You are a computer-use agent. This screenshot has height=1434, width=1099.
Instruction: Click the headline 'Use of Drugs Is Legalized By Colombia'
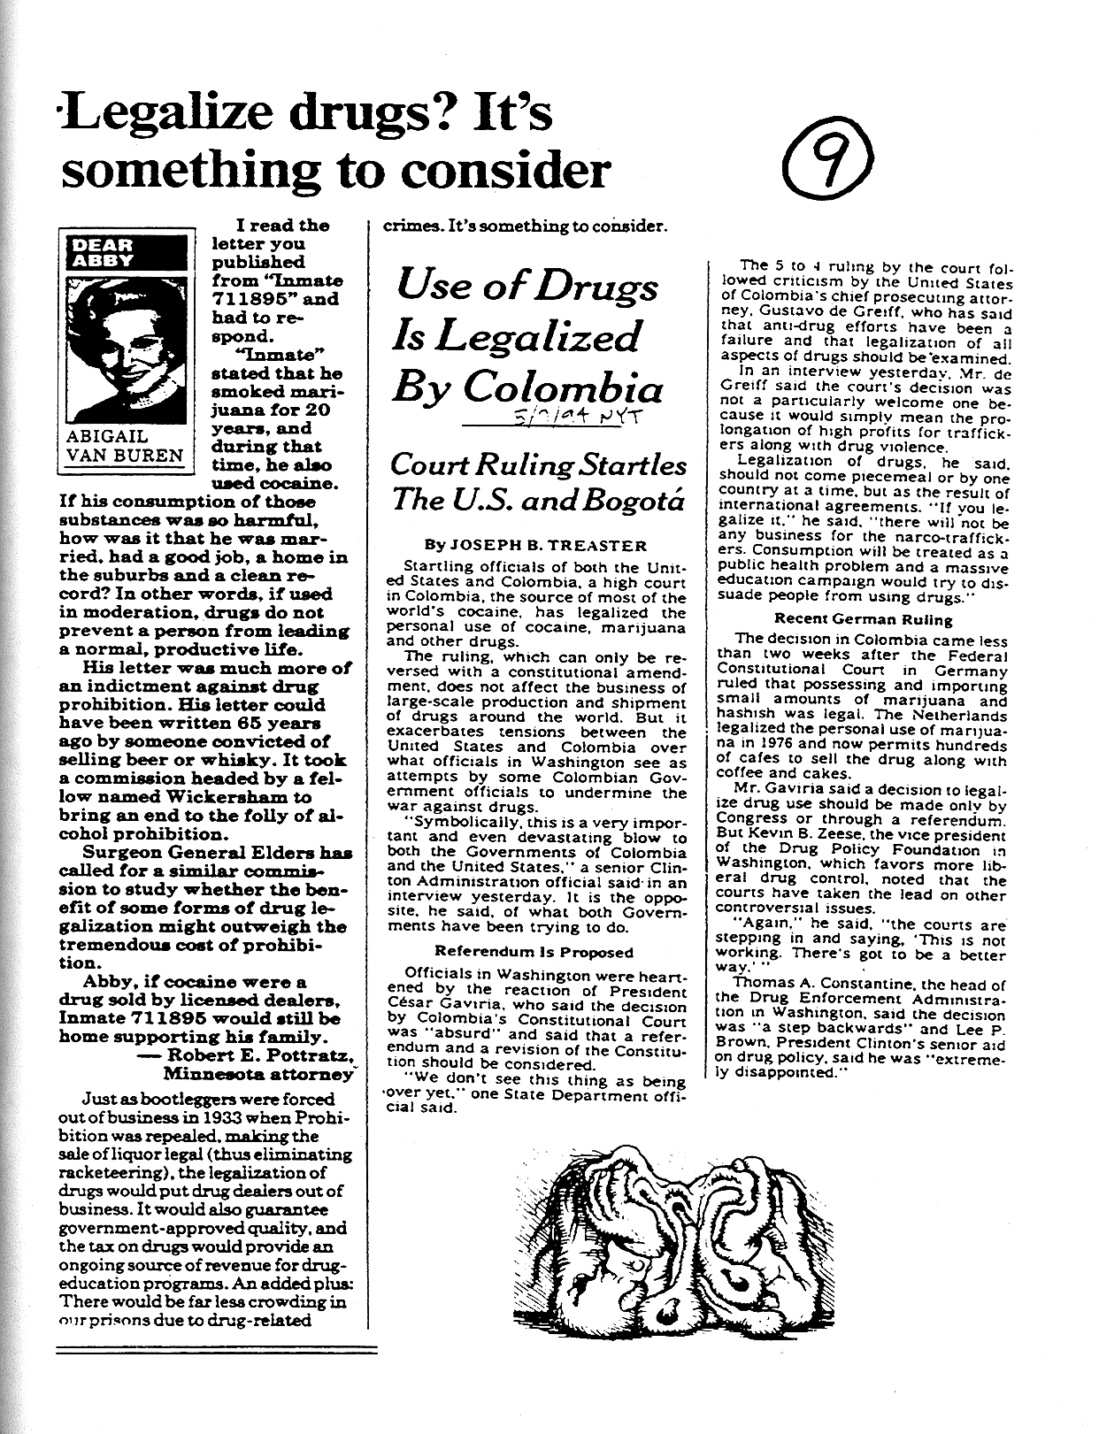(528, 337)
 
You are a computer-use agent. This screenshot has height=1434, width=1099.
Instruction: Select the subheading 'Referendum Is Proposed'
(534, 953)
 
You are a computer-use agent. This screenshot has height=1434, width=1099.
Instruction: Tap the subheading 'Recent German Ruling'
(865, 619)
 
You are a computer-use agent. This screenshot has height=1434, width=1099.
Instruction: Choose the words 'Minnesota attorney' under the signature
(257, 1074)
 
